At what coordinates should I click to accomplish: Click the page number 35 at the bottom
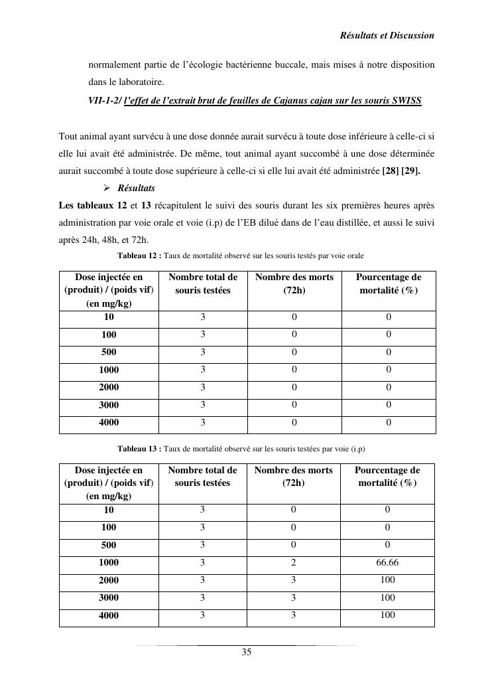(246, 653)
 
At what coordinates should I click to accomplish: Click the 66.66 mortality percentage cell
(387, 562)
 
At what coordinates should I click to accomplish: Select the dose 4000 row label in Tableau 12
(109, 423)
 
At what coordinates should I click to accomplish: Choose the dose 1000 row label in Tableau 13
(109, 563)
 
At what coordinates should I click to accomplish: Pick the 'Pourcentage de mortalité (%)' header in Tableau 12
(389, 283)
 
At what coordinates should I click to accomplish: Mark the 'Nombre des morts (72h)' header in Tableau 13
(294, 477)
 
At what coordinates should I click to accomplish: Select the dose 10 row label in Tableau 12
(109, 318)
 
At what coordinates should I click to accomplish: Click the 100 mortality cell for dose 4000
(387, 615)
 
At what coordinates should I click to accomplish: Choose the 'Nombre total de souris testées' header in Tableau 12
(203, 283)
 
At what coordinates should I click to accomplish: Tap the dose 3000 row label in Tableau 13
(109, 598)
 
